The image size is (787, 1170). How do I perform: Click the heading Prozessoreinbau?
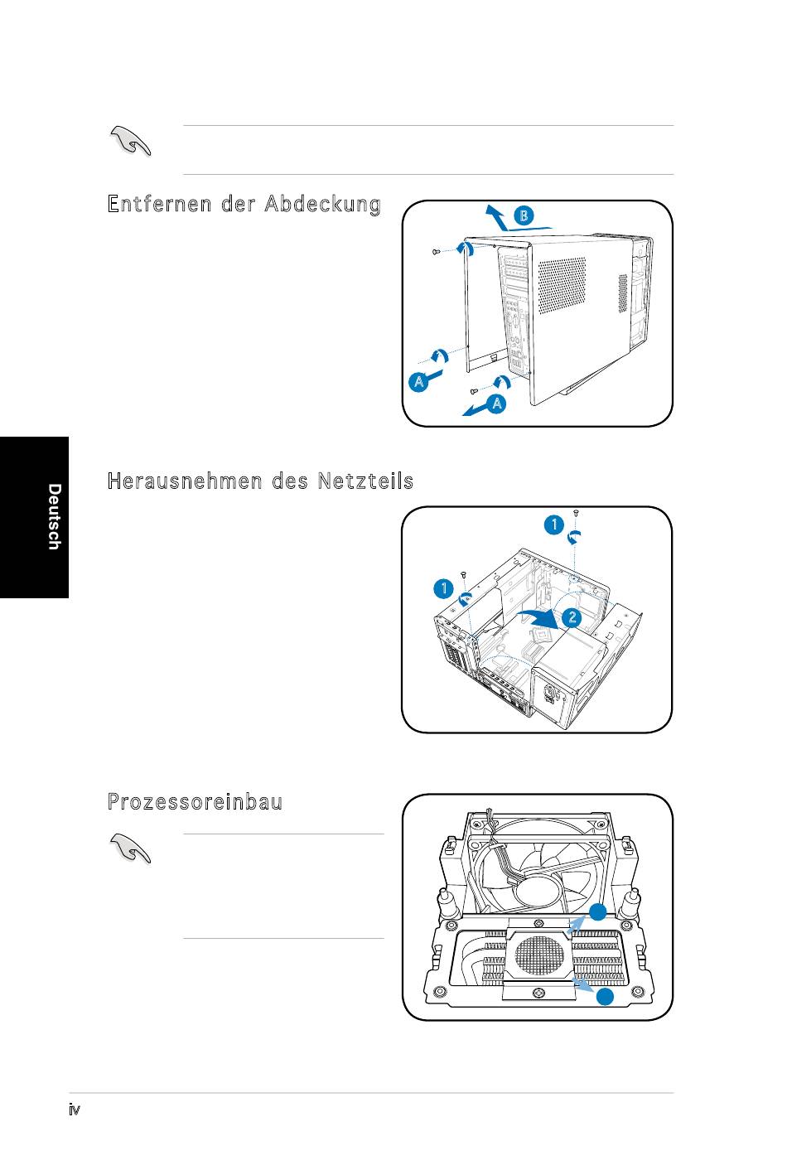point(196,802)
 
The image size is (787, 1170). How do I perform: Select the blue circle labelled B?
point(524,216)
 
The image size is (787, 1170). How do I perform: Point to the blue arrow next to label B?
point(495,218)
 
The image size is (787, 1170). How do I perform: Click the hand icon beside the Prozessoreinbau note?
point(130,848)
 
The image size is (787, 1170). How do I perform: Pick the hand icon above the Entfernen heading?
point(130,141)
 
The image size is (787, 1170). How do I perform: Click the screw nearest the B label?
point(437,251)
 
